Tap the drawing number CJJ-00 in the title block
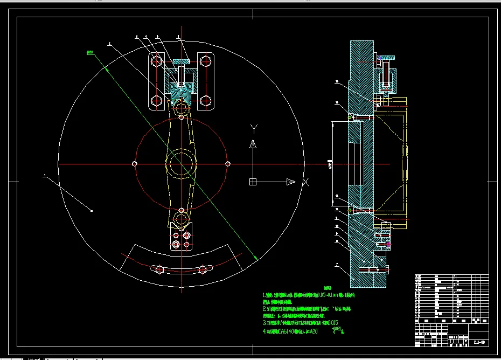pos(479,342)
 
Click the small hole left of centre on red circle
pos(135,164)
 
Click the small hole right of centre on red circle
pos(227,164)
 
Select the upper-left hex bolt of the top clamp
pos(156,61)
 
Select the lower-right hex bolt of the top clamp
pos(205,100)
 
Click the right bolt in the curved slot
pos(202,269)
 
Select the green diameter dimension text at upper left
pos(90,52)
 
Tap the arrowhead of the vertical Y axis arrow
pos(252,143)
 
